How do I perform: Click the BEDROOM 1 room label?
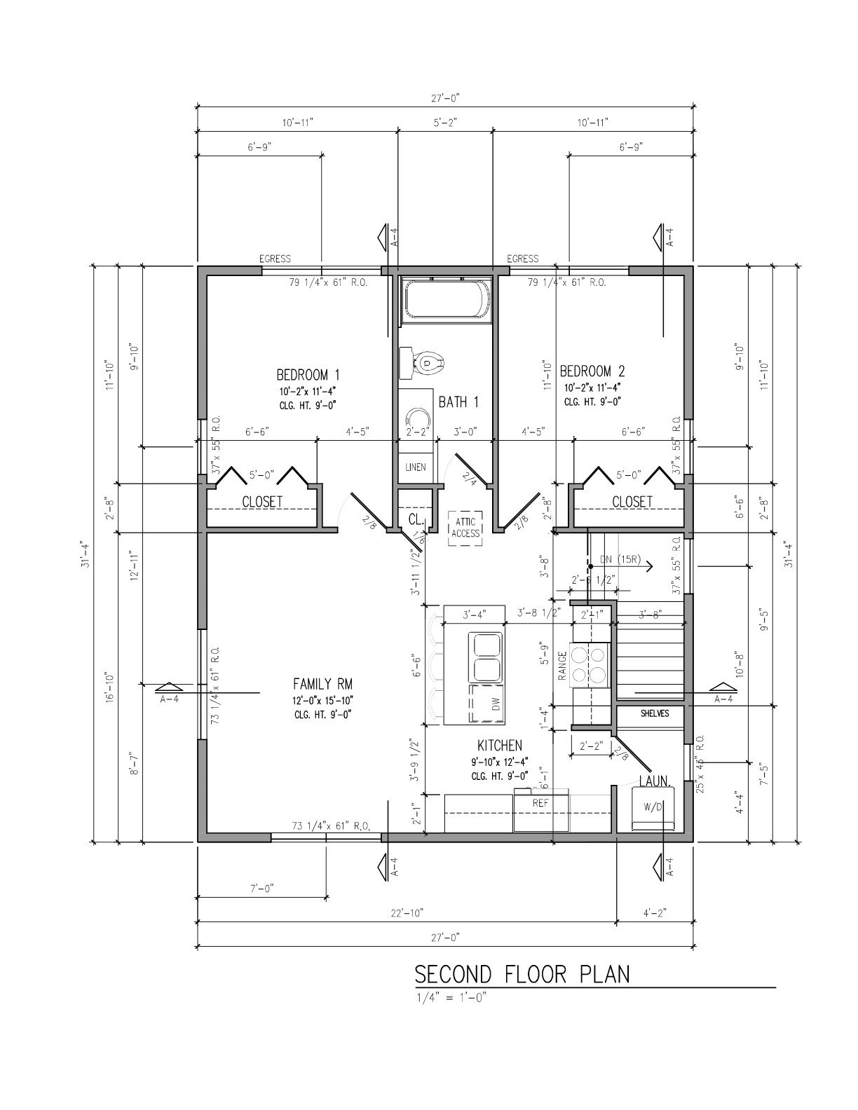tap(308, 374)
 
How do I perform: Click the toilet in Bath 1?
tap(428, 362)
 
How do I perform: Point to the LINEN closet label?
tap(415, 467)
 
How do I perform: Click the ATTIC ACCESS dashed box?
tap(465, 528)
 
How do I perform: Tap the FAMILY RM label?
tap(322, 684)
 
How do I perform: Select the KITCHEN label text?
tap(499, 746)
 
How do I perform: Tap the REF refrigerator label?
tap(540, 804)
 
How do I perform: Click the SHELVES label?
tap(655, 713)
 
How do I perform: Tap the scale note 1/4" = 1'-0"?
tap(450, 998)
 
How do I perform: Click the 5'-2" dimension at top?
tap(445, 123)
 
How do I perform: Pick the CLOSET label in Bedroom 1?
tap(262, 502)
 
